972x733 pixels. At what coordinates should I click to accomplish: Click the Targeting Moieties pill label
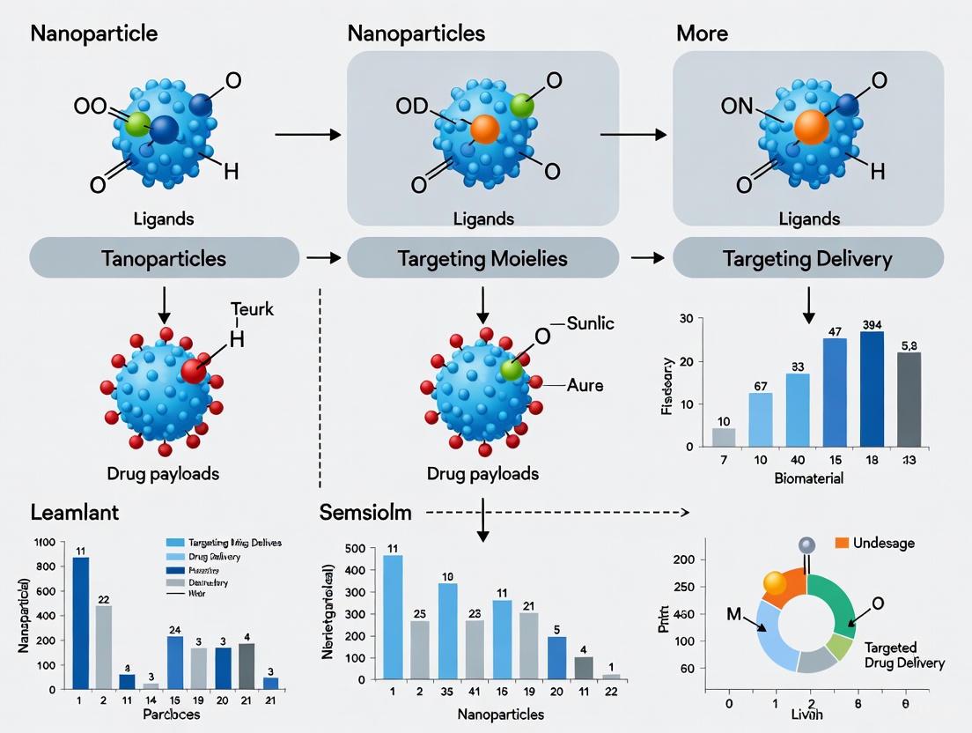[x=482, y=259]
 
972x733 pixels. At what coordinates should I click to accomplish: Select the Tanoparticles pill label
[x=163, y=259]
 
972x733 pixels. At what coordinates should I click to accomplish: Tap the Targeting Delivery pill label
[x=807, y=259]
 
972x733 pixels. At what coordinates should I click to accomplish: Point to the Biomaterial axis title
[x=808, y=478]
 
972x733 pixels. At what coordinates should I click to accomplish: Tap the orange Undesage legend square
[x=841, y=543]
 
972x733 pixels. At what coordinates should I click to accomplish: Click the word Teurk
[x=252, y=309]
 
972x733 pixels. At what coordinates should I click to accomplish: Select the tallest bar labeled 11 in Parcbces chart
[x=80, y=622]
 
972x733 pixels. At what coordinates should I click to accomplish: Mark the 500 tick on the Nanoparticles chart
[x=355, y=549]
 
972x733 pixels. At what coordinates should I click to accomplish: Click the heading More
[x=703, y=34]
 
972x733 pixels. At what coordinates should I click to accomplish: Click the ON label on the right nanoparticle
[x=737, y=107]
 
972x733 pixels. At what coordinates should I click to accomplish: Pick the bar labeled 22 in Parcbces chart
[x=104, y=647]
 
